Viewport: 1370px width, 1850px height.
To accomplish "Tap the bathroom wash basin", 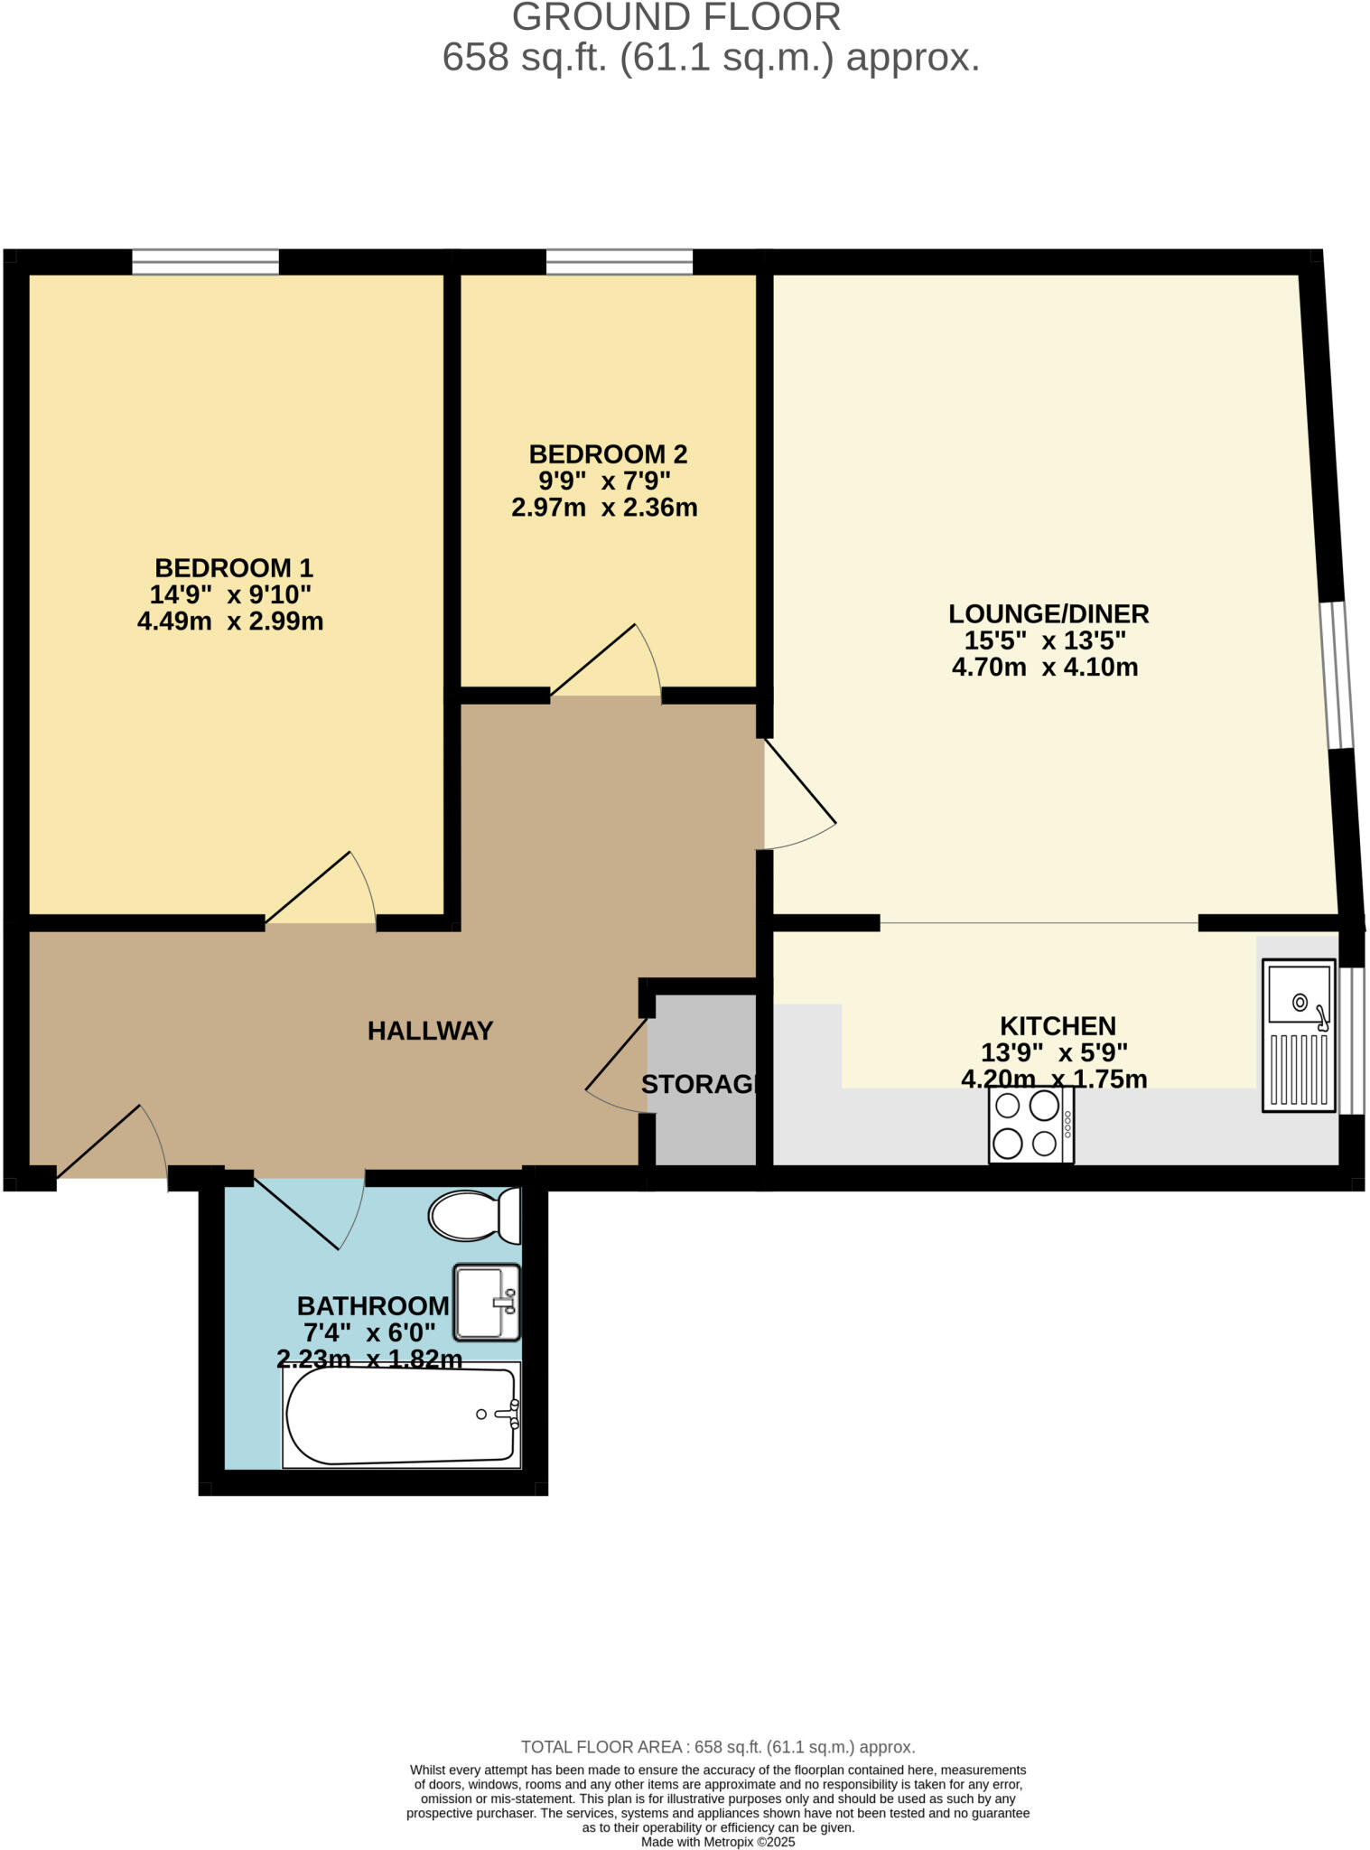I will (486, 1302).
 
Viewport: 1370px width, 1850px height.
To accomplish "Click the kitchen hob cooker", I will (1030, 1124).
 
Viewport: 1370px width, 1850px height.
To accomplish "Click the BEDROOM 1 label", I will (234, 568).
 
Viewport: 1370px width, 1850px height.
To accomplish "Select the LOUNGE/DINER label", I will (1048, 614).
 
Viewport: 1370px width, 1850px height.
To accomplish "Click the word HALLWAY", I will (430, 1031).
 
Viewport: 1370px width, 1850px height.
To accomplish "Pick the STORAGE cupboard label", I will (699, 1084).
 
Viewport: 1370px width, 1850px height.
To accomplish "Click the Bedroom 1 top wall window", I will (205, 262).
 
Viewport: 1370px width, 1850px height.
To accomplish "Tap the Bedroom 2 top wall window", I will (619, 262).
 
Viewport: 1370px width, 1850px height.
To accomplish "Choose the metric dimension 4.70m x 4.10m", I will (1045, 668).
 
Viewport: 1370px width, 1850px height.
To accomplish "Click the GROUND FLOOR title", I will (676, 18).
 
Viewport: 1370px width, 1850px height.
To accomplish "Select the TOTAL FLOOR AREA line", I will (718, 1747).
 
